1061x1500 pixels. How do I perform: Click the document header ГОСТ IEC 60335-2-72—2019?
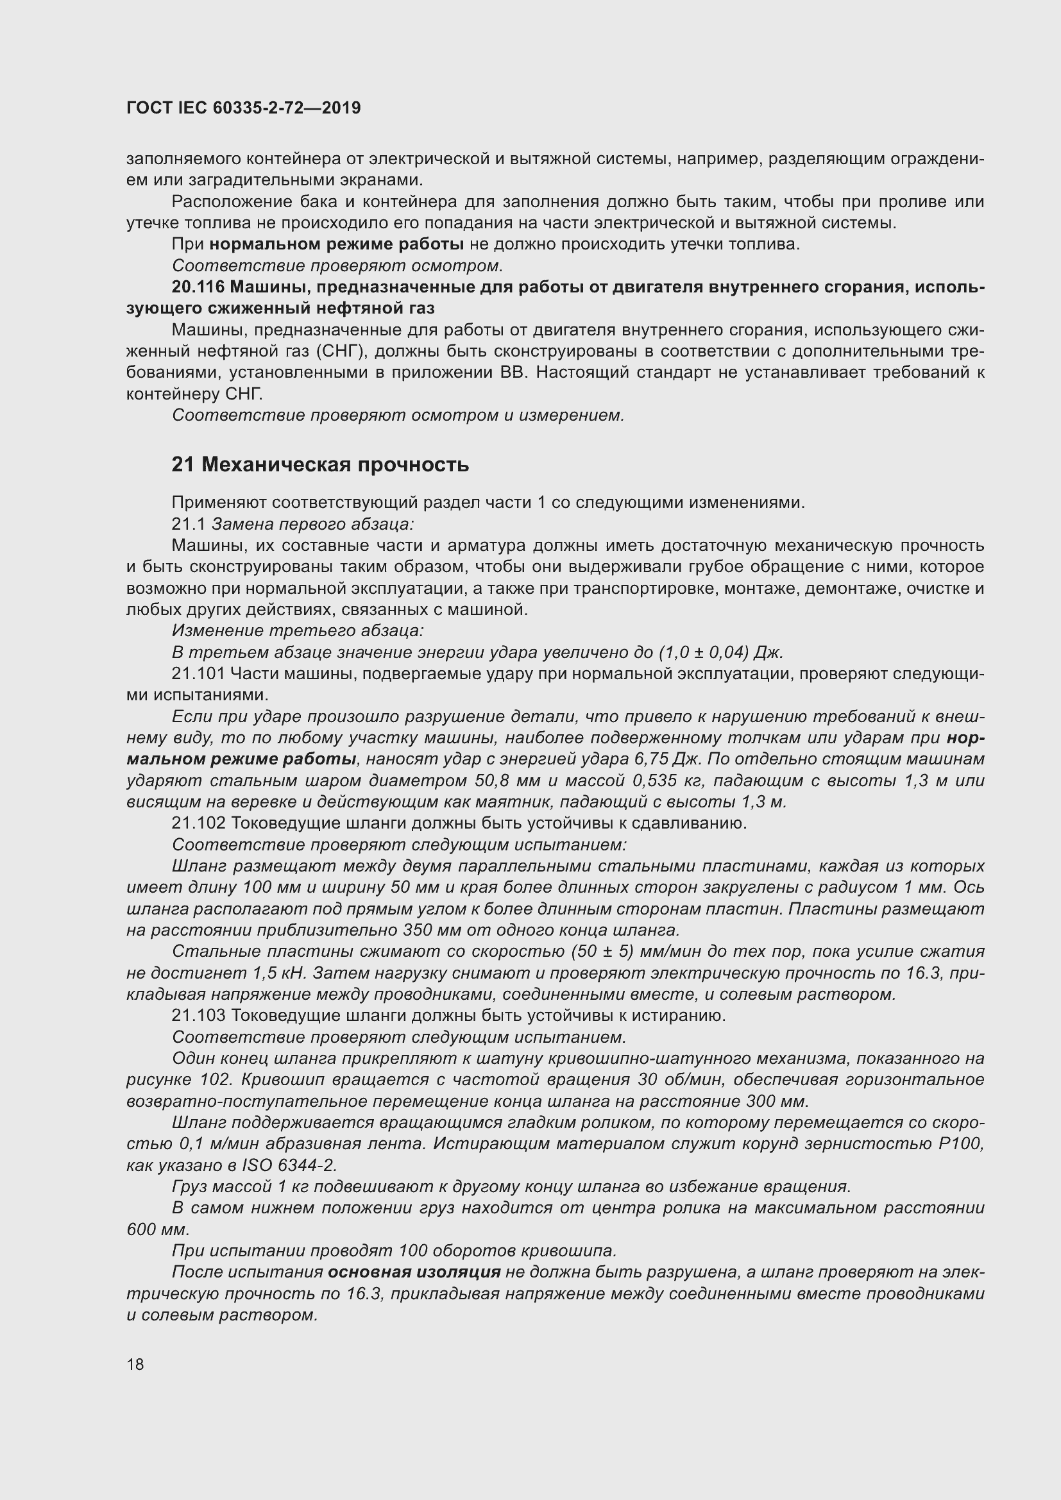pyautogui.click(x=243, y=108)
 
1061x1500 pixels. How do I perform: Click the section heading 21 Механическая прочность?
pyautogui.click(x=320, y=464)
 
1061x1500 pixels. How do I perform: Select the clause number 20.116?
pyautogui.click(x=198, y=287)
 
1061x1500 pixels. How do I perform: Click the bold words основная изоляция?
pyautogui.click(x=414, y=1272)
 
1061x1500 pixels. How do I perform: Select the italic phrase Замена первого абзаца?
pyautogui.click(x=312, y=524)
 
